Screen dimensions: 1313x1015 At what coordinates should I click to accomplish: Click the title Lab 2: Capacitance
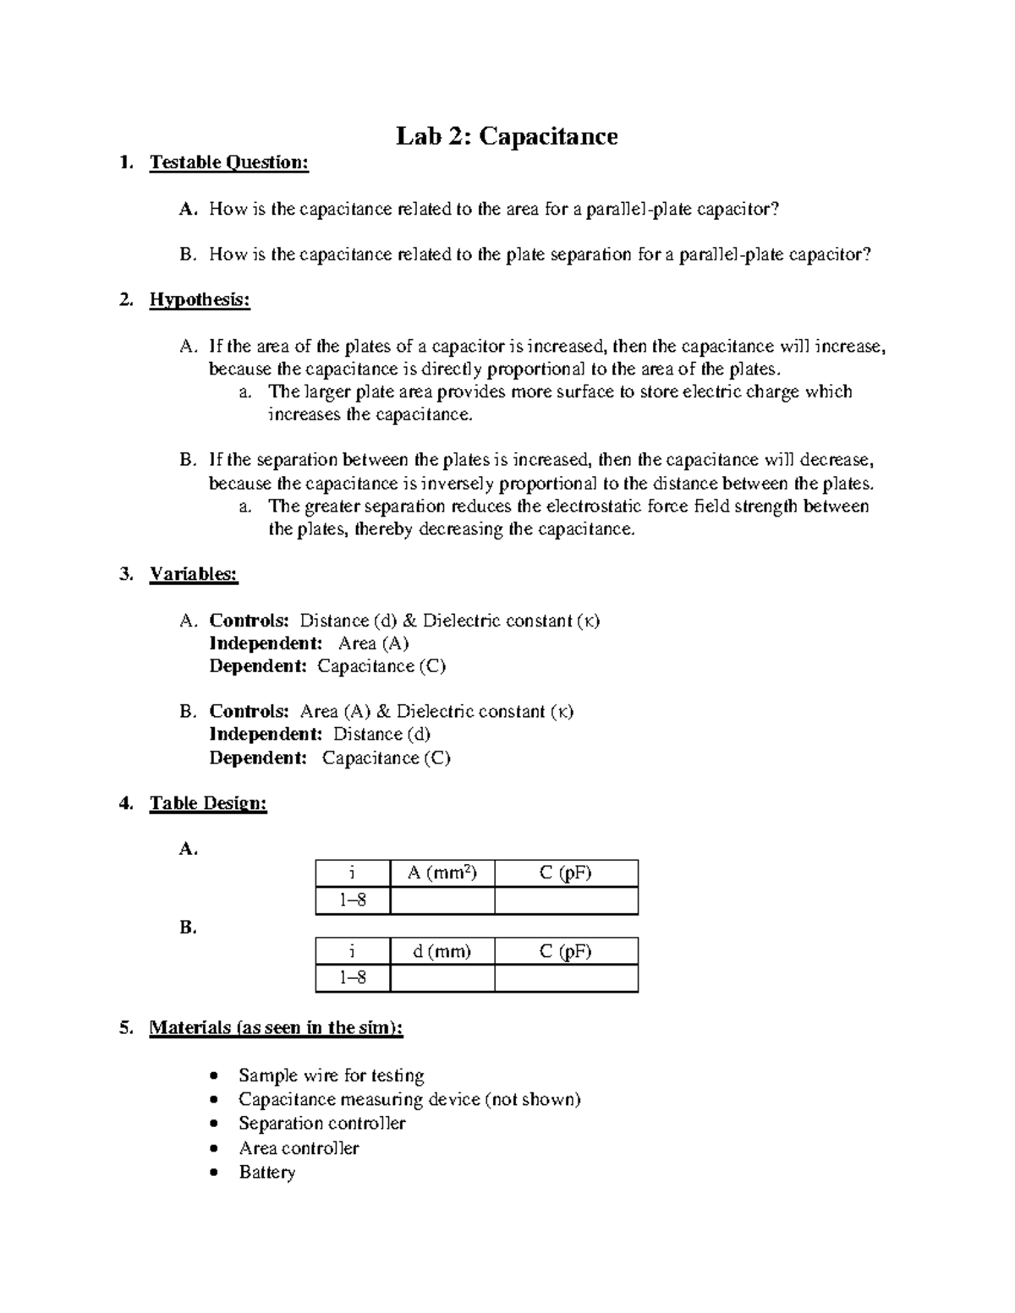coord(507,136)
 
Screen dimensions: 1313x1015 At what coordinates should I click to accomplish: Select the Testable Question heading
coord(228,162)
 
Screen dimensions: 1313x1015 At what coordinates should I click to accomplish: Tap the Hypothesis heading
coord(200,300)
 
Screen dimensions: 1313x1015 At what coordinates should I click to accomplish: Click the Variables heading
coord(194,574)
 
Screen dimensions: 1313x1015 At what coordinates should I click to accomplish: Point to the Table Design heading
coord(208,803)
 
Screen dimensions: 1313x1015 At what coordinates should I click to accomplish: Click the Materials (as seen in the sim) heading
coord(276,1028)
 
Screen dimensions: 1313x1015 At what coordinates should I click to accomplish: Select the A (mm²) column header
coord(442,873)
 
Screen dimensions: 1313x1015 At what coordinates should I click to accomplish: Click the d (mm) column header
coord(442,951)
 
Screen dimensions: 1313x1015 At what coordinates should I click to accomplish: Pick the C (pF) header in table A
coord(565,873)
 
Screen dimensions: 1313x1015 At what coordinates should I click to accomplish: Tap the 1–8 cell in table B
coord(353,978)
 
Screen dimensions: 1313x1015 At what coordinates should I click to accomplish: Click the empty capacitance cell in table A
coord(565,900)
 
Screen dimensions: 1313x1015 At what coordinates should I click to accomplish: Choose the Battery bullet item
coord(266,1173)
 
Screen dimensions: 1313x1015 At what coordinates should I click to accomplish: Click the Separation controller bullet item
coord(321,1124)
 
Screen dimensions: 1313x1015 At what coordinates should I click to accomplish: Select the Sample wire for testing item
coord(331,1075)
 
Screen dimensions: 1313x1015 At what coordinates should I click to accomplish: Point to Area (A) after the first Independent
coord(373,643)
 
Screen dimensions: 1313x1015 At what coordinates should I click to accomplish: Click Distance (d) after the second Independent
coord(381,734)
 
